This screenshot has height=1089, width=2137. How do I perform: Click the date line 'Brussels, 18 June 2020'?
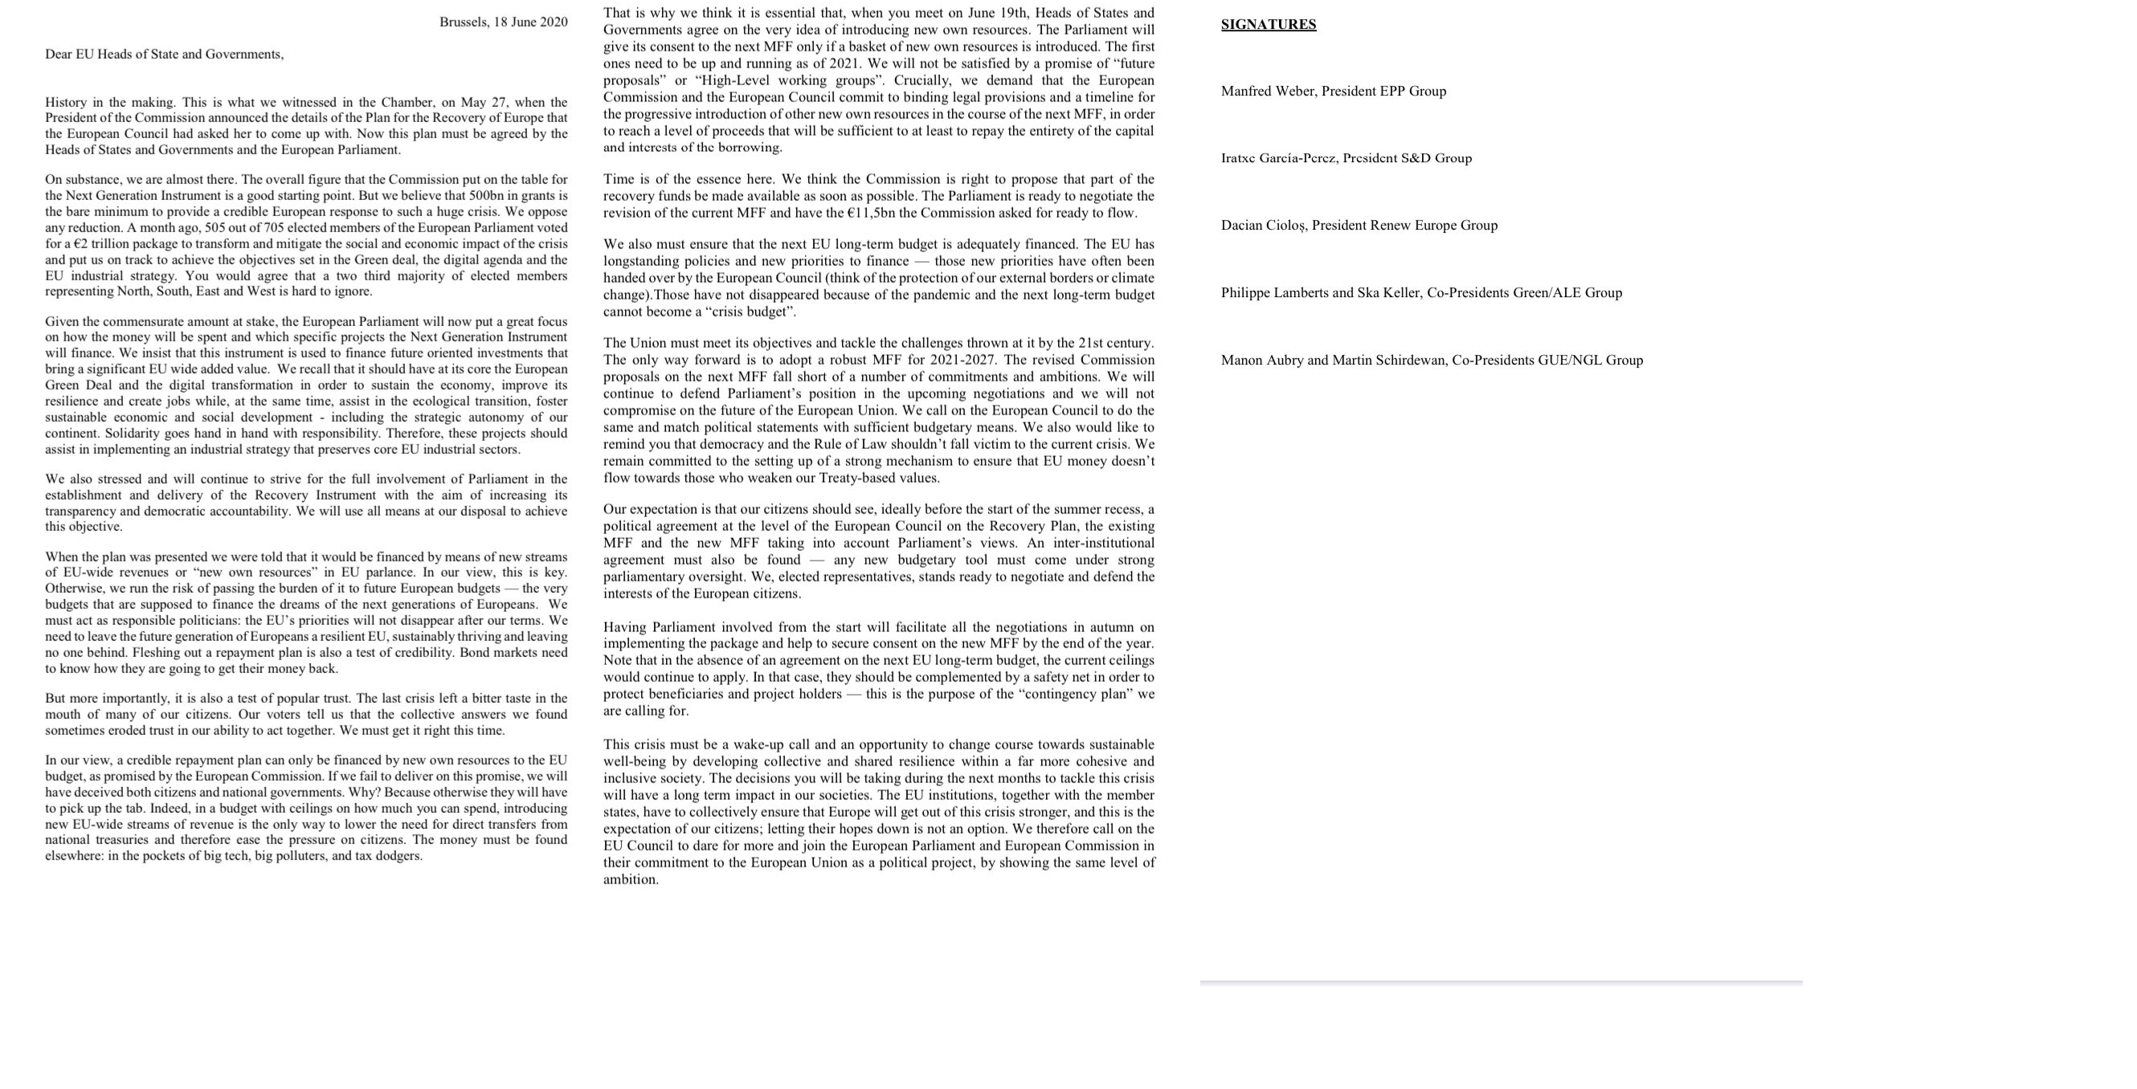point(503,22)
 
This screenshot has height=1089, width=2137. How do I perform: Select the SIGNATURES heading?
point(1268,25)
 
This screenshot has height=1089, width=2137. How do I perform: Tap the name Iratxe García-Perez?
point(1277,158)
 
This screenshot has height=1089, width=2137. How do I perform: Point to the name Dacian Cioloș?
point(1264,226)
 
